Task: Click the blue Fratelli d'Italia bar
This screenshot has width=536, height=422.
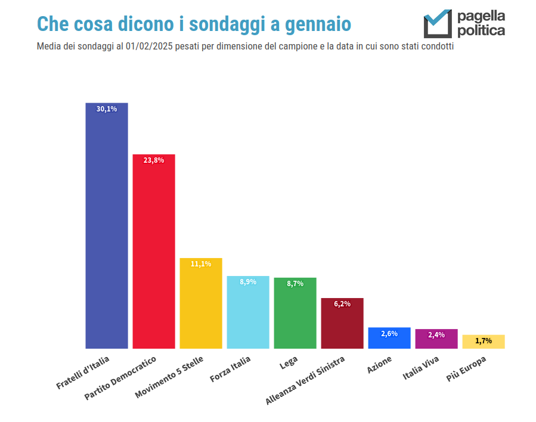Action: (107, 226)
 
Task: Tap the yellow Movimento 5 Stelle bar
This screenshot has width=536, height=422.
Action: (201, 304)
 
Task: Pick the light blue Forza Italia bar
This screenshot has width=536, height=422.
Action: (248, 313)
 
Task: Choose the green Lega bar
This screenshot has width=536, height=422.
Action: (295, 314)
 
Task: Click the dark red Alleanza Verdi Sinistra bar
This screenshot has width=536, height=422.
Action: (342, 325)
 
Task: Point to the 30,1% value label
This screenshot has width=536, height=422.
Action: (107, 109)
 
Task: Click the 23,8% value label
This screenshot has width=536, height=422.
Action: (153, 160)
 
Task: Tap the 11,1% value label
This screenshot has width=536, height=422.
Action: (201, 264)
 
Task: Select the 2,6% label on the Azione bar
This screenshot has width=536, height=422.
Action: (389, 334)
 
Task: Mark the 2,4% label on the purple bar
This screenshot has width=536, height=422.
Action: (436, 335)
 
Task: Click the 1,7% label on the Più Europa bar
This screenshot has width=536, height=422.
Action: (484, 341)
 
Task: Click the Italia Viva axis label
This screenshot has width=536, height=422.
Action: (421, 368)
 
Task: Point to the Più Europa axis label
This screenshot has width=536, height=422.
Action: (466, 370)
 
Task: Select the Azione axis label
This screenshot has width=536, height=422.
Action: (379, 365)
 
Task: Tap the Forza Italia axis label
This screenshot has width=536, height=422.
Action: (230, 370)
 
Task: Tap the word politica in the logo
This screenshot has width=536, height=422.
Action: (481, 30)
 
